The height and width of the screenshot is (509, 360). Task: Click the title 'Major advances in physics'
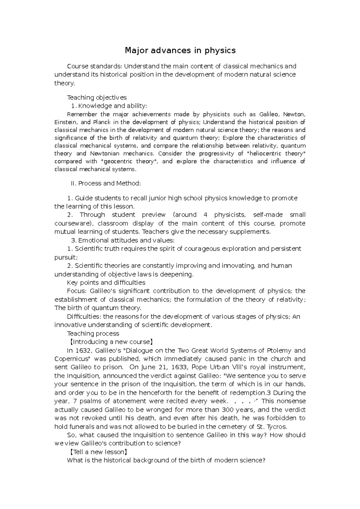click(x=180, y=50)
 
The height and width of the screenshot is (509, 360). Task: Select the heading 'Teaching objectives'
click(x=97, y=97)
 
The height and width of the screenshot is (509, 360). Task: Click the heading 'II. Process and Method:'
click(x=106, y=183)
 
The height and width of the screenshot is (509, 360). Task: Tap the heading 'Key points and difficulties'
click(x=106, y=283)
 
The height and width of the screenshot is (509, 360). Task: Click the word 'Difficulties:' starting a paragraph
click(x=84, y=317)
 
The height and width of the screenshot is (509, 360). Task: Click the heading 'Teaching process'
click(x=93, y=334)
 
